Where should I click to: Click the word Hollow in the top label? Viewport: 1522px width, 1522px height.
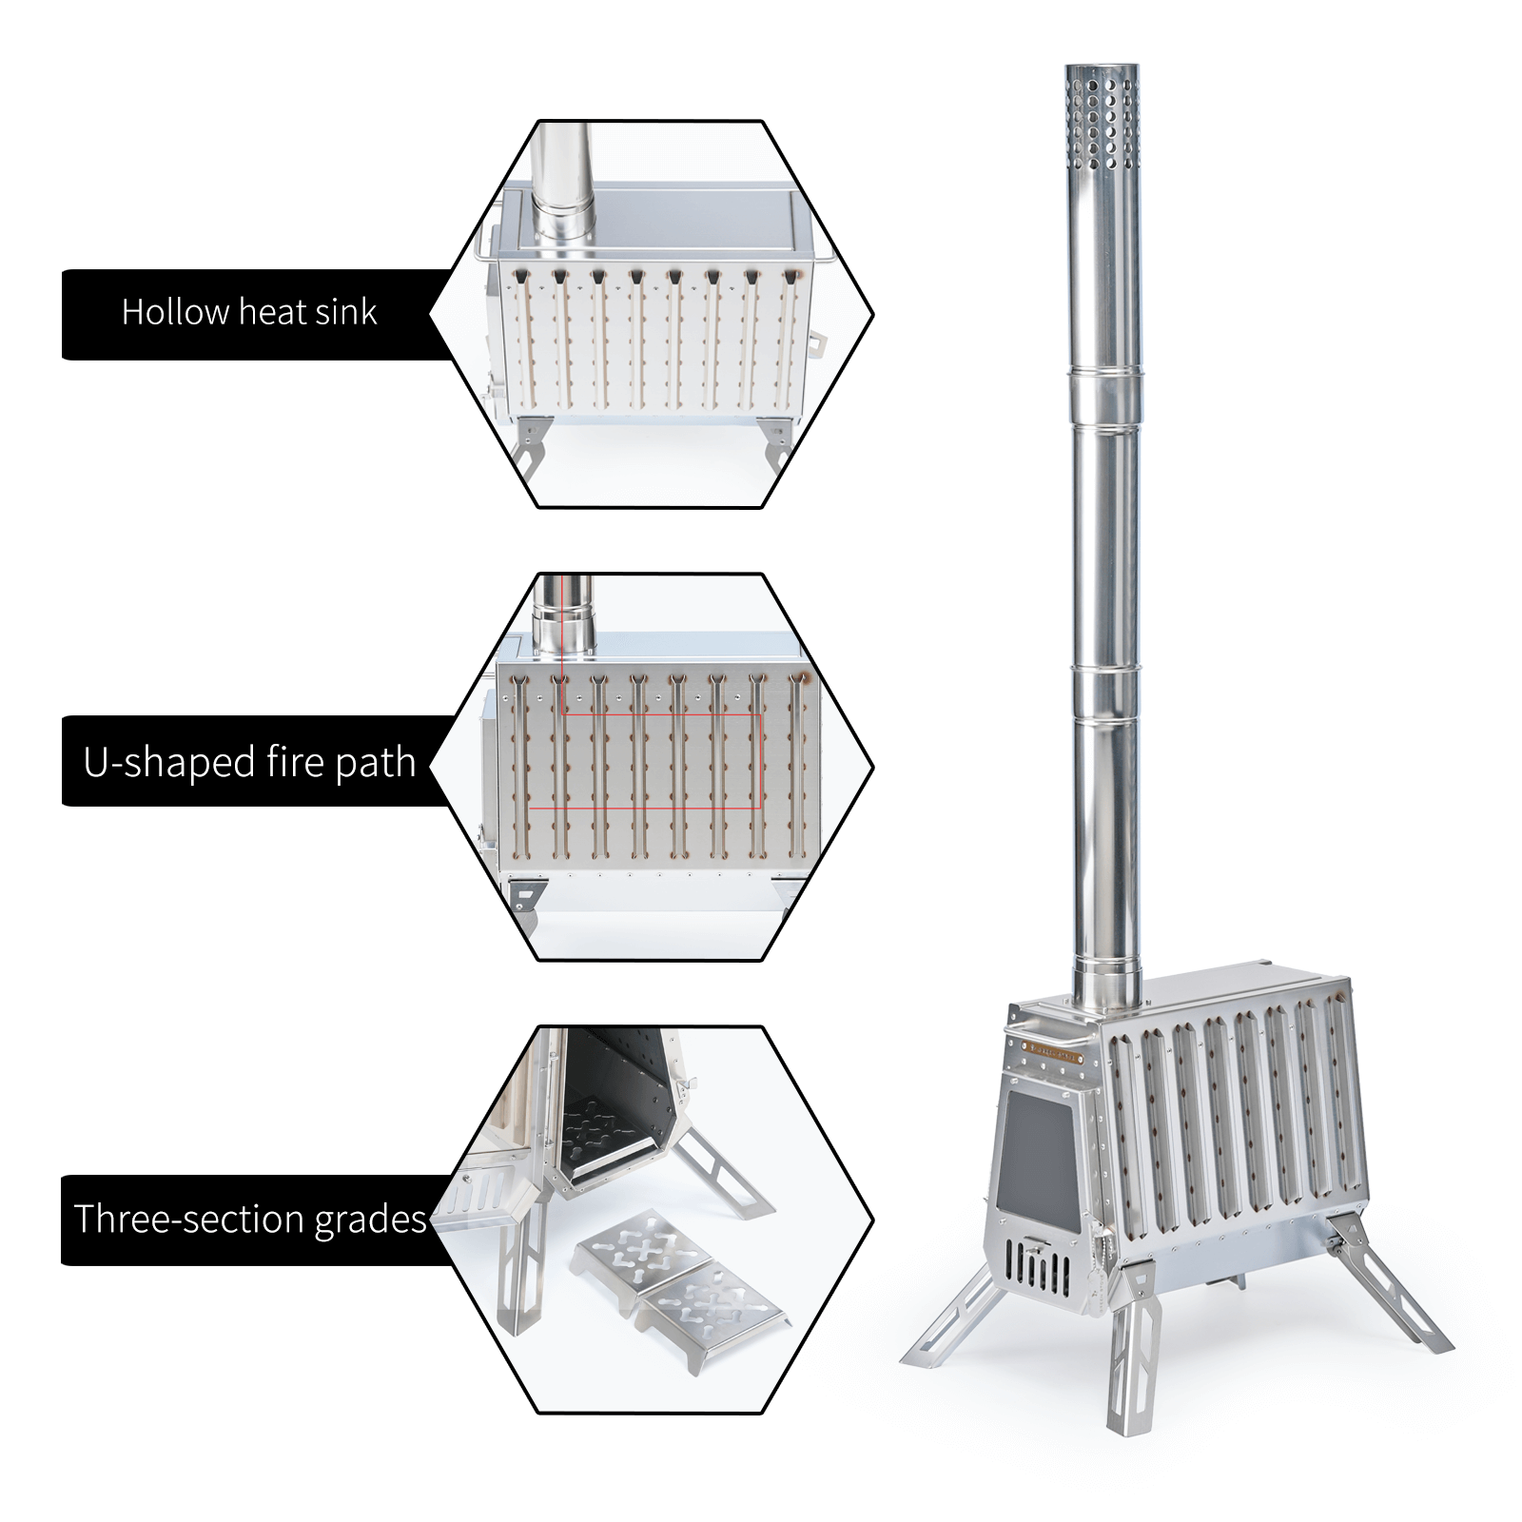175,312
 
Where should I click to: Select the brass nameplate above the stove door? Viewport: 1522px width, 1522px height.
1053,1052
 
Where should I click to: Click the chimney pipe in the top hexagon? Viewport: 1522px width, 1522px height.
560,185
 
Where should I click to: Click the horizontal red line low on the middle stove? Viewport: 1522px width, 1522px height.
645,809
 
